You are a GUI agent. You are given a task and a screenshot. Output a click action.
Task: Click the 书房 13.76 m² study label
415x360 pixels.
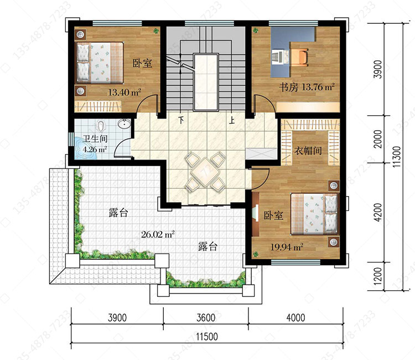307,87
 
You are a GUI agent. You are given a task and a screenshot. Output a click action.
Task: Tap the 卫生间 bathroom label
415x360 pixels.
95,139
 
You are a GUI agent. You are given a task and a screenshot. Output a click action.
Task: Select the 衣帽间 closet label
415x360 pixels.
308,151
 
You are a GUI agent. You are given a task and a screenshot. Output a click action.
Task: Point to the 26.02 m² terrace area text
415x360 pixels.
158,234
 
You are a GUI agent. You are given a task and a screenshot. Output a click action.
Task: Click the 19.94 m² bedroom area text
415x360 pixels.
287,247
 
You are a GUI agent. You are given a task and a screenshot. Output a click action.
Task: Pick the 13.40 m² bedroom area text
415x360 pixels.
124,92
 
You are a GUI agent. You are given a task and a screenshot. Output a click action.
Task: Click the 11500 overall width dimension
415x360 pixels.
207,337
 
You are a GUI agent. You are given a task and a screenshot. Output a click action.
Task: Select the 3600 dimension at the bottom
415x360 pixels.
206,317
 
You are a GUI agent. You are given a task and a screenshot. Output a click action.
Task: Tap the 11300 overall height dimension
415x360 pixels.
397,157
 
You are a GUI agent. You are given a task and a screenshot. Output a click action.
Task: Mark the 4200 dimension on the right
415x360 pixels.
378,212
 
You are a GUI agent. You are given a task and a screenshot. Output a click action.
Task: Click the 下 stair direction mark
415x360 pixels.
181,120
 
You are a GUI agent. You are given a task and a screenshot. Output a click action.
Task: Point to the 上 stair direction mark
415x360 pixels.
232,120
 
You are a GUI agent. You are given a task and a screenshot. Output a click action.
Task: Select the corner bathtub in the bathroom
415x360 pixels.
86,148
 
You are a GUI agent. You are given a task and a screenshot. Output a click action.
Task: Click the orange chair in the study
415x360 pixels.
300,57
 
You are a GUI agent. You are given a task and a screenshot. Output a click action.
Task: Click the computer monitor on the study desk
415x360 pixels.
278,57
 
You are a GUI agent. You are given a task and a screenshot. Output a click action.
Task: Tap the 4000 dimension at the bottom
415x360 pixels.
295,317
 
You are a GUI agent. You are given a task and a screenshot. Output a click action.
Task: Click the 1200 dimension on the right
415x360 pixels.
378,276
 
